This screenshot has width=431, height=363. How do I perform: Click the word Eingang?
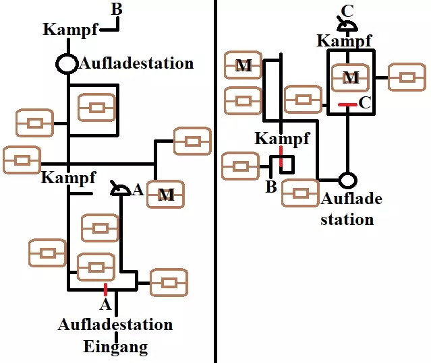[115, 348]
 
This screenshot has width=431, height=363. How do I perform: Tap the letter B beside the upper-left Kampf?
[116, 9]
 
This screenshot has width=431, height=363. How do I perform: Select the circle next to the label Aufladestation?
[67, 64]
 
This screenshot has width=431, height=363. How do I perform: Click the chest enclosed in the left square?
[96, 107]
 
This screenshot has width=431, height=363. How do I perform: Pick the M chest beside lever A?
[166, 195]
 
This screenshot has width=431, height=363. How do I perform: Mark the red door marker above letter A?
[106, 290]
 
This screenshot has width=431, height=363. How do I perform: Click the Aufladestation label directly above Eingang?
[115, 325]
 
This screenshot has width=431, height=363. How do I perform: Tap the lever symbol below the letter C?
[347, 26]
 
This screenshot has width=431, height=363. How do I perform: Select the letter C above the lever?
[347, 9]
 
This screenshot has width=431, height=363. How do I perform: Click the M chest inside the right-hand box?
[351, 77]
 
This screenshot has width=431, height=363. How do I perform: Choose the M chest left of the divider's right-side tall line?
[243, 66]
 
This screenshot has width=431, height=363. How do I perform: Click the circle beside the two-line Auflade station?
[347, 180]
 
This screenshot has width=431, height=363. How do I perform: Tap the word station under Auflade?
[347, 219]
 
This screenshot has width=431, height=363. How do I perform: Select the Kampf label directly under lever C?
[344, 40]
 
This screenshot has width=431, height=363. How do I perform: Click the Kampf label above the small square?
[282, 139]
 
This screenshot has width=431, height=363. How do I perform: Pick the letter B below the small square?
[271, 187]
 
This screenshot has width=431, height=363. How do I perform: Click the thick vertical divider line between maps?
[215, 182]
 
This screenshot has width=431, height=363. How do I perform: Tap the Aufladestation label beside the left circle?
[136, 64]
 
